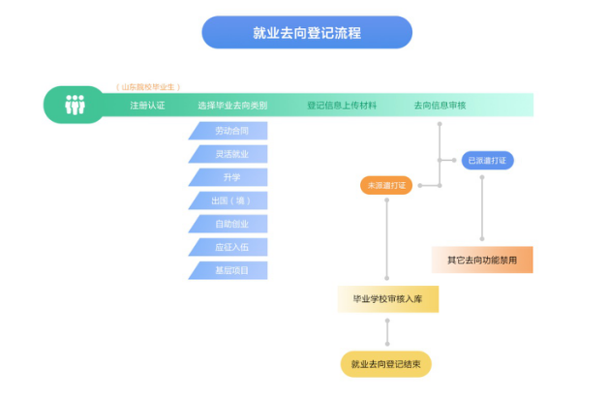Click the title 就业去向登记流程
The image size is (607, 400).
pos(306,32)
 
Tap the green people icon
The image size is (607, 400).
pos(75,105)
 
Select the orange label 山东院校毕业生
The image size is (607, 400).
pos(148,87)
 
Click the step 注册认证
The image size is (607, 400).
pos(147,106)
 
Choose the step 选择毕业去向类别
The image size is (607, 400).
pos(232,106)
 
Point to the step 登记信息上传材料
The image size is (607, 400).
pos(342,106)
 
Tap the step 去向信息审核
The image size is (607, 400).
pos(440,106)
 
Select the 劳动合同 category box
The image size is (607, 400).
pos(229,131)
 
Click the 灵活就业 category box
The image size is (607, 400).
pos(229,154)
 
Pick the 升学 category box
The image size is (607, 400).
pos(229,177)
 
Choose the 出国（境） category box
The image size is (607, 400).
pos(229,200)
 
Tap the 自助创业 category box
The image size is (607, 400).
pos(229,224)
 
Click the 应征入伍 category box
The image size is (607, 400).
pos(229,247)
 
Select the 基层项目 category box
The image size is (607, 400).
pos(229,270)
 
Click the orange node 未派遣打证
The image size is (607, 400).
pos(386,184)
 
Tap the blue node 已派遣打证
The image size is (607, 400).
pos(486,160)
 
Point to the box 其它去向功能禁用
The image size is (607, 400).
pos(482,260)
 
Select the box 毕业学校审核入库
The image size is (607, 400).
pos(387,299)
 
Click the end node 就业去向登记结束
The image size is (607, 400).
pos(386,364)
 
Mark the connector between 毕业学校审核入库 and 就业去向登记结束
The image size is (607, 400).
pos(387,331)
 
